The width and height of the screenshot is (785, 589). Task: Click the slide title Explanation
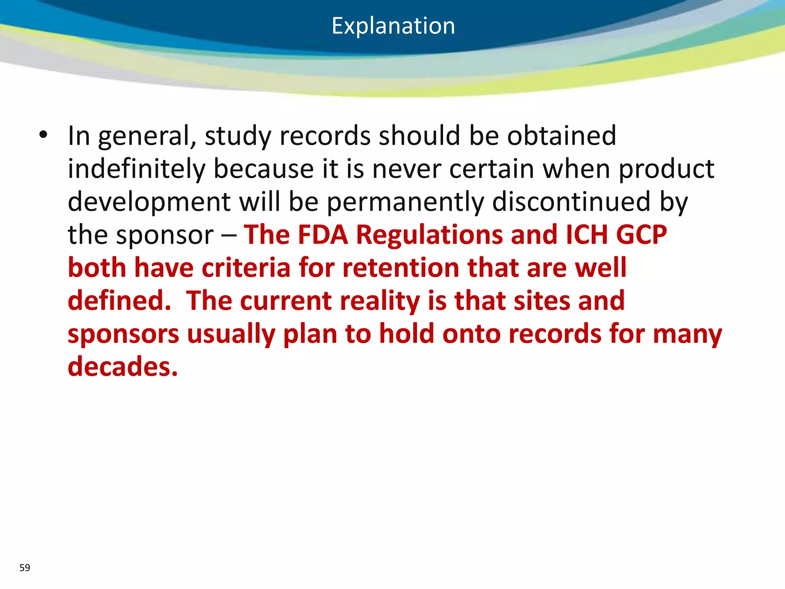393,26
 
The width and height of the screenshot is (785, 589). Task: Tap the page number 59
25,568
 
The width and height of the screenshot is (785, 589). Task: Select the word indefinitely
136,169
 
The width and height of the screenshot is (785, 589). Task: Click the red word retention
401,268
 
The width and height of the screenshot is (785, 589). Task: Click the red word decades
123,367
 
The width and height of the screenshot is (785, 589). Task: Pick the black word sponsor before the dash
165,235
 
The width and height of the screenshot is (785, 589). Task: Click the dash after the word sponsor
229,235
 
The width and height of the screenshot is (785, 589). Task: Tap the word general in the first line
147,137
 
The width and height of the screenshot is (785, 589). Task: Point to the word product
667,169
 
